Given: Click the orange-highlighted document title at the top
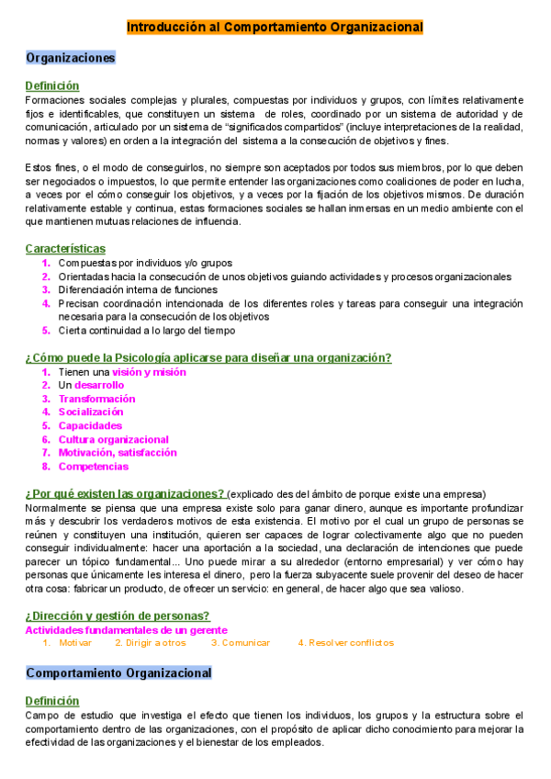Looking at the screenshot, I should [x=275, y=28].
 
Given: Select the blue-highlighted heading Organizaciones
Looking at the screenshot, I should [x=71, y=58].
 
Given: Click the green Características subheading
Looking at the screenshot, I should [x=65, y=249].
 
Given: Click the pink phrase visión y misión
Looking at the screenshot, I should [x=149, y=372].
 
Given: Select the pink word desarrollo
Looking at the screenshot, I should [x=99, y=386].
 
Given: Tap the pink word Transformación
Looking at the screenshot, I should [x=96, y=399].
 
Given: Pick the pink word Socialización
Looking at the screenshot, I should [x=91, y=412].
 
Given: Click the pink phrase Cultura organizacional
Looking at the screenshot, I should [x=114, y=439].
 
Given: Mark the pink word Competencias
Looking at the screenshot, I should [x=93, y=467].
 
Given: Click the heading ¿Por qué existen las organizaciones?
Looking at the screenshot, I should [x=125, y=493].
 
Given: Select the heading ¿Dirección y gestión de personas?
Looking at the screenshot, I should [x=118, y=615].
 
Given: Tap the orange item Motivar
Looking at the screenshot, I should [x=75, y=643].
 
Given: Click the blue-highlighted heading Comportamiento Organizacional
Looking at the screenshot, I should [x=118, y=673].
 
